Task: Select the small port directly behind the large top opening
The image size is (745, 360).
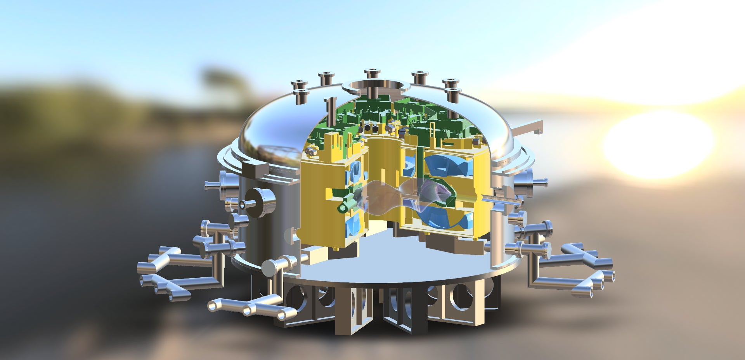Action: [x=372, y=74]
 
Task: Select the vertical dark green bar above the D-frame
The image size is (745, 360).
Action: [x=419, y=163]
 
